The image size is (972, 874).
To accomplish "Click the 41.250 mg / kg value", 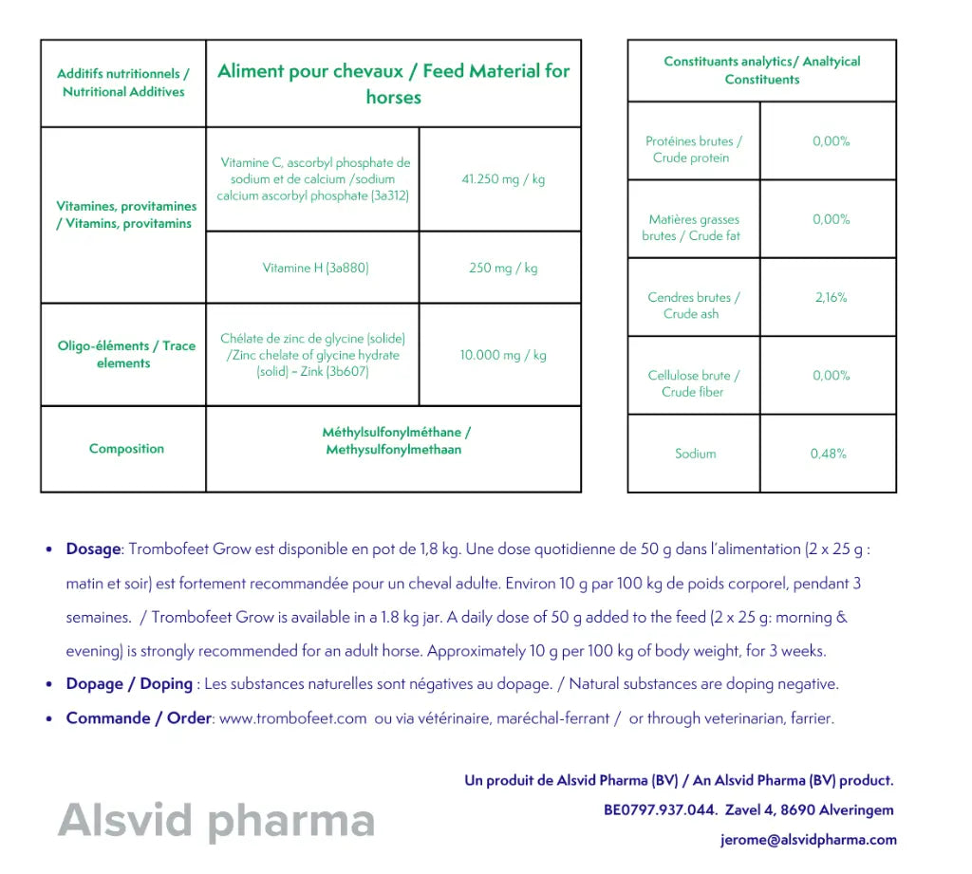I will (503, 178).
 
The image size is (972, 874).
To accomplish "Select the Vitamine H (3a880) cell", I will (315, 268).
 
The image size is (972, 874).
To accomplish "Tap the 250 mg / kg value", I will (503, 268).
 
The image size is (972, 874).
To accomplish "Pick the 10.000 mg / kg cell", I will (503, 355).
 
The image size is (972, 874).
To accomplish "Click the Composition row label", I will (126, 449).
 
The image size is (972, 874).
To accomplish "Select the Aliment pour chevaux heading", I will (393, 84).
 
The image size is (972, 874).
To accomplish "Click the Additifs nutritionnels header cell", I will (123, 83).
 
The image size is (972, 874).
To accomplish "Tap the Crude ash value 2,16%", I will (830, 297).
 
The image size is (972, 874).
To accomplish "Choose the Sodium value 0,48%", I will (829, 454).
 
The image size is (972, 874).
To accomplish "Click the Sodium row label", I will (695, 454).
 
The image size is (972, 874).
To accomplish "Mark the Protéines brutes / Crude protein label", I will (693, 149).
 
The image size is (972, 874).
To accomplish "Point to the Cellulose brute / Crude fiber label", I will (693, 383).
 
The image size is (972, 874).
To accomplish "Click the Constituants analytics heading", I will (761, 70).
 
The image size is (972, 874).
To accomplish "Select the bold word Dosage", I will (93, 549).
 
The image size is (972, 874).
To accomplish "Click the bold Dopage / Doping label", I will (129, 683).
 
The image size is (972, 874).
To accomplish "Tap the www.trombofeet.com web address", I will (292, 718).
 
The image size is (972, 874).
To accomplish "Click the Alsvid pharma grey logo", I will (215, 820).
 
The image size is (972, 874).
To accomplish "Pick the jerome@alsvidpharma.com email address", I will (808, 839).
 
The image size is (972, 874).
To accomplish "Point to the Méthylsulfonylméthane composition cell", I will (394, 440).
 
